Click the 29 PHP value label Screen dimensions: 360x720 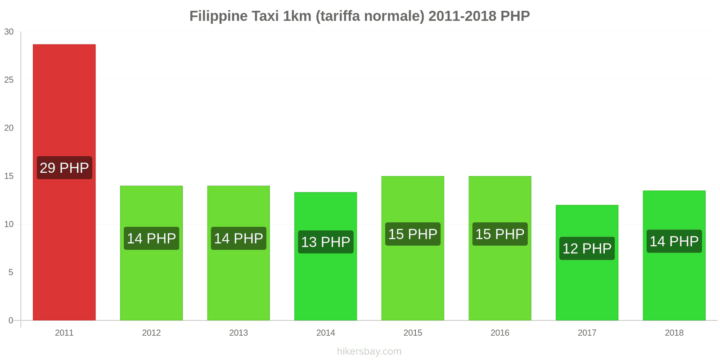64,168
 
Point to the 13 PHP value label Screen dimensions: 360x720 325,242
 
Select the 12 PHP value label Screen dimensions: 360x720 587,248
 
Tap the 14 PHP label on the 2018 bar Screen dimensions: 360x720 674,241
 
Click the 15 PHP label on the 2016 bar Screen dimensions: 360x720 499,234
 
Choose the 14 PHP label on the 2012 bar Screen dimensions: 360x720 151,238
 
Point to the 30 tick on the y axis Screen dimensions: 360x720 9,31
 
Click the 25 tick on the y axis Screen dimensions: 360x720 9,80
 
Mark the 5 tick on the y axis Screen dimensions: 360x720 11,272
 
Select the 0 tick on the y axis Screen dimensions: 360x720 11,320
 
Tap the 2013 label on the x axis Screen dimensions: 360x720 238,333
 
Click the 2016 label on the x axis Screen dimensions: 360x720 499,333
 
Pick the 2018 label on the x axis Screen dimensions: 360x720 674,333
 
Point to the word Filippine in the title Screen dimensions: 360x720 219,16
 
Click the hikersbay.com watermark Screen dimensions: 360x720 369,351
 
